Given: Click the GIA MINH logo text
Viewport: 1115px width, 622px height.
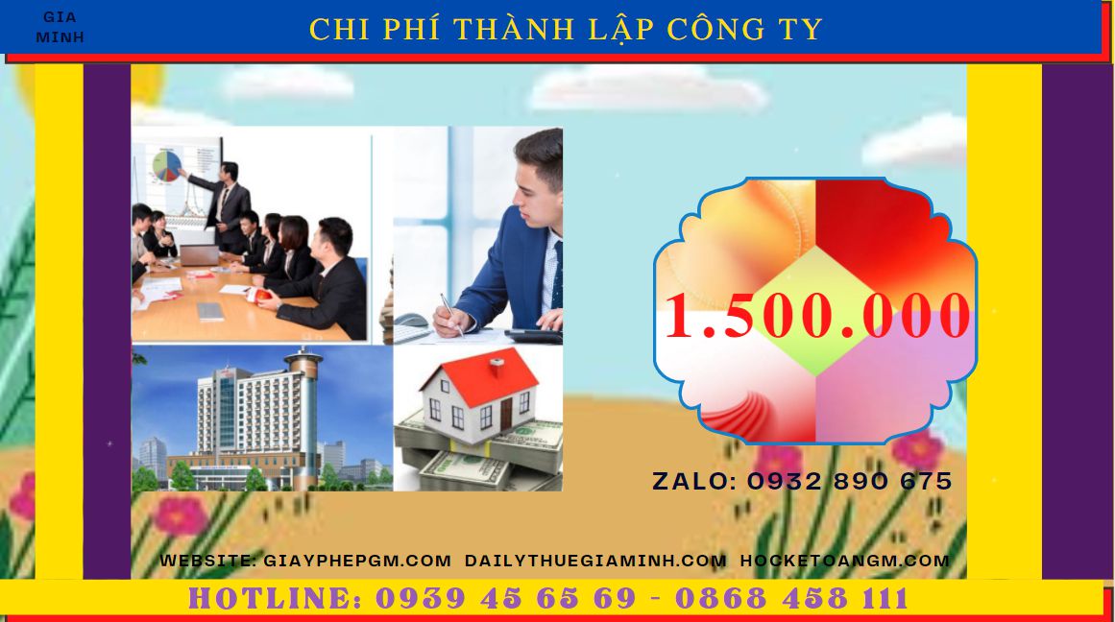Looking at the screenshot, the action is click(x=60, y=27).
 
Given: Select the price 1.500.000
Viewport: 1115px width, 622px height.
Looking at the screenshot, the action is click(x=817, y=316).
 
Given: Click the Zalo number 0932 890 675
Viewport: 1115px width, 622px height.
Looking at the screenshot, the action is click(x=849, y=481).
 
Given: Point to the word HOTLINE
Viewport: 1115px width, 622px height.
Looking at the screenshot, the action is click(x=275, y=599).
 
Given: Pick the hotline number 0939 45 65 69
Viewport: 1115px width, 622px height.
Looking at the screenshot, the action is click(x=505, y=599).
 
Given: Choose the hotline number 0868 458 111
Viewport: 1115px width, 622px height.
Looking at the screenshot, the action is click(x=791, y=599).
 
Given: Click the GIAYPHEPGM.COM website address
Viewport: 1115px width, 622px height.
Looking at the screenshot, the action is click(x=357, y=561).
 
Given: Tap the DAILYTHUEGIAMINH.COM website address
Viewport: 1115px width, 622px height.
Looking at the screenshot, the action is click(x=595, y=561).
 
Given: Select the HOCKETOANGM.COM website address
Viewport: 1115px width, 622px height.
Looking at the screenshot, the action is click(x=845, y=561).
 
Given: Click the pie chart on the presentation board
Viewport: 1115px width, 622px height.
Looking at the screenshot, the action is click(x=167, y=165).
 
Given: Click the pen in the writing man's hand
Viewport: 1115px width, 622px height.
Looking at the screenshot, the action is click(x=451, y=314).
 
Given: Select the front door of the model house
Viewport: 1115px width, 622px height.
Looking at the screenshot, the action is click(x=505, y=415).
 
